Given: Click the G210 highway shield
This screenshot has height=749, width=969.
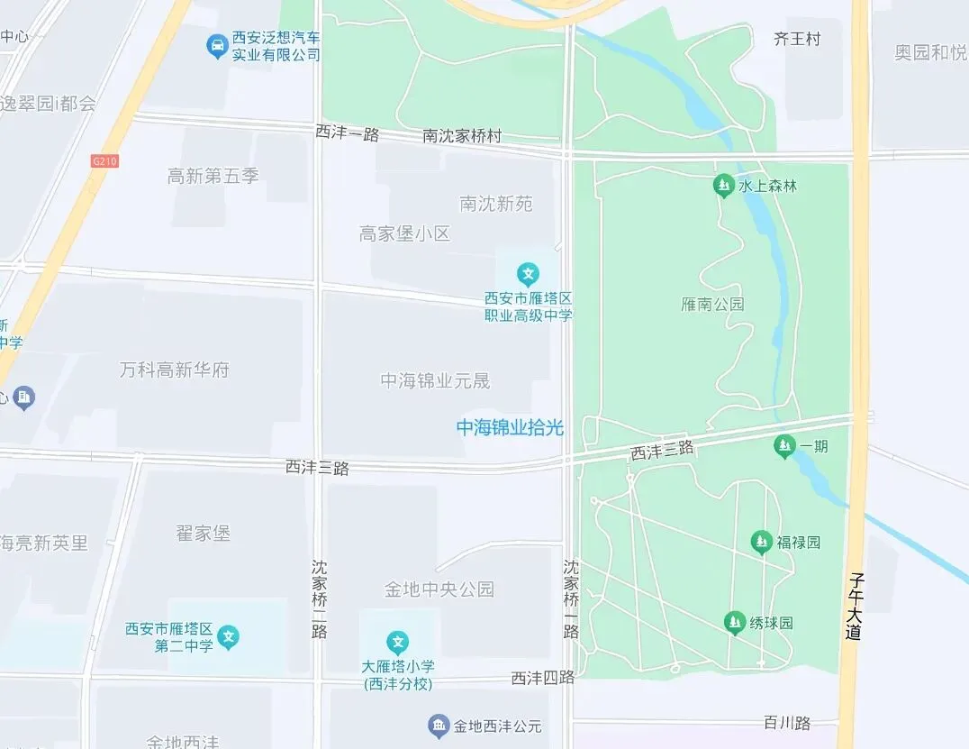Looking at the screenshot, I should tap(105, 161).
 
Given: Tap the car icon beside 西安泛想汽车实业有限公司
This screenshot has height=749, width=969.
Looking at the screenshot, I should tap(216, 46).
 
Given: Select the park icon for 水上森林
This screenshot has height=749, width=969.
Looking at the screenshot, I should tap(722, 186).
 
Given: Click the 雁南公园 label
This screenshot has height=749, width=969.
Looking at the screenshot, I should tap(712, 304).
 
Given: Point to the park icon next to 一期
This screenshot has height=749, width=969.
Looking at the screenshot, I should tap(784, 445).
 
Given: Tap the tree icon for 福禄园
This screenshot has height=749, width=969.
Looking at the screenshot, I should tap(762, 542).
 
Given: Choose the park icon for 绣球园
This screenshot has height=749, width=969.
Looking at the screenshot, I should tap(735, 622).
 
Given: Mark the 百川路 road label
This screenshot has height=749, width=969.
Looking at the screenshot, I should tap(787, 723).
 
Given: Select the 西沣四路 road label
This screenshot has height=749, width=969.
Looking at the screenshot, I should tap(542, 678).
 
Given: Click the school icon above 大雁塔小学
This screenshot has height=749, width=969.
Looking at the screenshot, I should tap(398, 643).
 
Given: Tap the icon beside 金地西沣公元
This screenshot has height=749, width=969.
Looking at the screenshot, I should tap(439, 726).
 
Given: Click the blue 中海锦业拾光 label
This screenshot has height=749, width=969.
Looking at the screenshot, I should tap(510, 428).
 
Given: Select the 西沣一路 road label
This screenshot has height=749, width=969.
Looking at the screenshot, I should tap(347, 133).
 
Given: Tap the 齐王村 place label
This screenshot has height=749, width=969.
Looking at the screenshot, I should tap(797, 39).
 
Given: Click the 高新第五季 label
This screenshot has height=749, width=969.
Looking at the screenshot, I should tap(213, 176).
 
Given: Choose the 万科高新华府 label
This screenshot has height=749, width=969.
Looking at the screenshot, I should tap(175, 370).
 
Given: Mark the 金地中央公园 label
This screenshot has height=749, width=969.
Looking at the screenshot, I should tap(439, 589).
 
